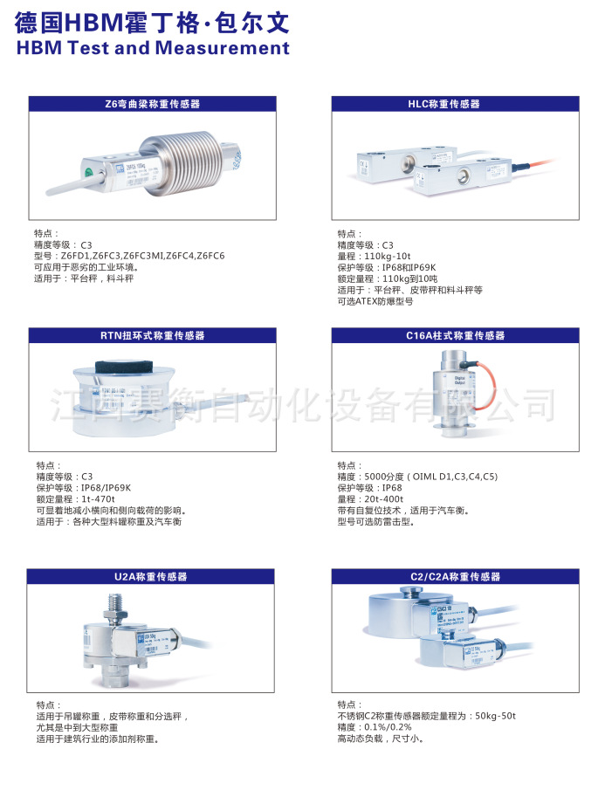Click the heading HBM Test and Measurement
(153, 48)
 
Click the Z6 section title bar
(152, 104)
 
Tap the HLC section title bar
(455, 104)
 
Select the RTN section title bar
(152, 335)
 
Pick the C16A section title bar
(455, 335)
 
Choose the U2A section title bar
(150, 577)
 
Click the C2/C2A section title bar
(455, 577)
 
